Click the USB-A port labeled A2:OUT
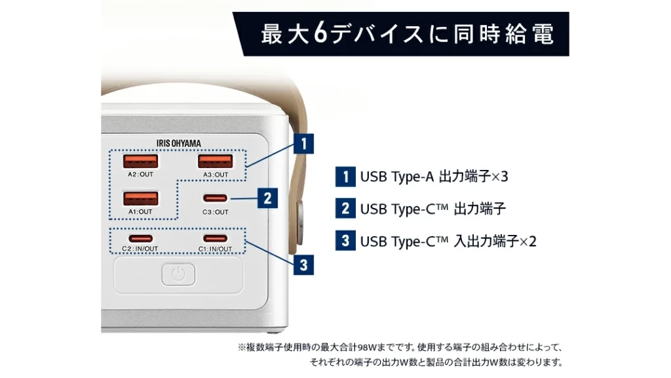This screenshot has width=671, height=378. pyautogui.click(x=141, y=161)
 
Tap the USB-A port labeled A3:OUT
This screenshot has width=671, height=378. pyautogui.click(x=216, y=161)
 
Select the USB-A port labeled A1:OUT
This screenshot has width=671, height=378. pyautogui.click(x=141, y=198)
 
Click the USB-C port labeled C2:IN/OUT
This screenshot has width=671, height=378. pyautogui.click(x=141, y=238)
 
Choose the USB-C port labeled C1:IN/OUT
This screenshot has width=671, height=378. pyautogui.click(x=216, y=238)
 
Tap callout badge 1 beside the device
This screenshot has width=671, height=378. pyautogui.click(x=303, y=143)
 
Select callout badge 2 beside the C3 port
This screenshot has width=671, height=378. pyautogui.click(x=267, y=198)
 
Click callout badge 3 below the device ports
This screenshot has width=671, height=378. pyautogui.click(x=303, y=265)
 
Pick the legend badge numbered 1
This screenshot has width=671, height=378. pyautogui.click(x=345, y=177)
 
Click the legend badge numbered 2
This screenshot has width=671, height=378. pyautogui.click(x=345, y=209)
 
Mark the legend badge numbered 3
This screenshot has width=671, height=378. pyautogui.click(x=345, y=241)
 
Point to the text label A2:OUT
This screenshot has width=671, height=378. pyautogui.click(x=141, y=175)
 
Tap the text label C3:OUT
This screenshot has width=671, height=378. pyautogui.click(x=216, y=212)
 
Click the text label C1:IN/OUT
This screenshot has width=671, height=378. pyautogui.click(x=216, y=249)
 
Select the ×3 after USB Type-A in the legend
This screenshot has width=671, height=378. pyautogui.click(x=500, y=177)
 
